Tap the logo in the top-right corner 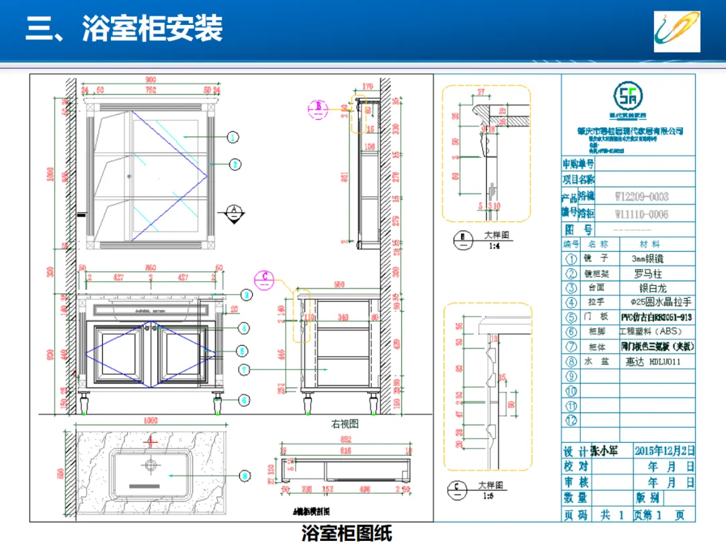coord(677,32)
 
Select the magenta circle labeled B coord(319,107)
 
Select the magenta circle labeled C coord(266,276)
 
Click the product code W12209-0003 coord(642,197)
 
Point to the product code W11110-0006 coord(642,214)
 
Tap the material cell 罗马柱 coord(648,273)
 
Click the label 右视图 coord(344,424)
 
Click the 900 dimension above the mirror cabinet coord(151,80)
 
